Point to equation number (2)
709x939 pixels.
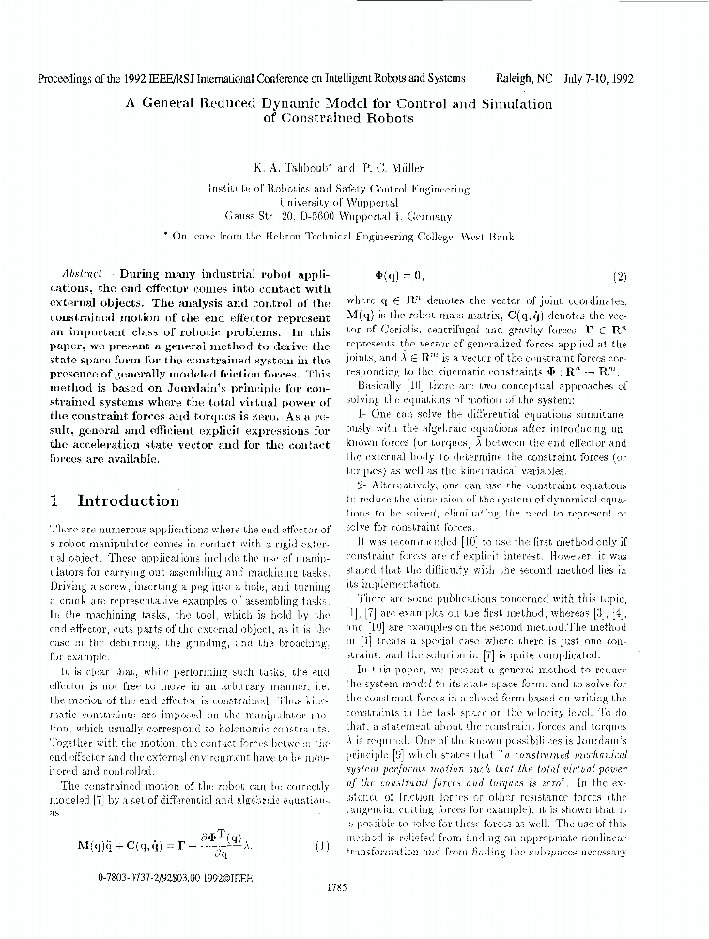[620, 277]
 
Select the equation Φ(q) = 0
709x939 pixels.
[399, 277]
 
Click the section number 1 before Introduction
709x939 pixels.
[54, 501]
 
